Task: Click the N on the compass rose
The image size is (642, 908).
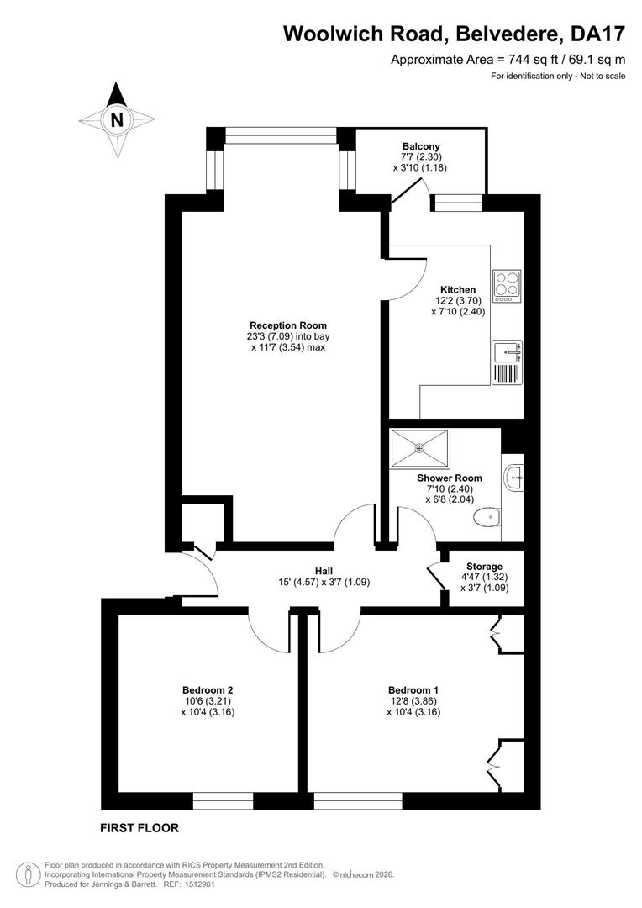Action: tap(118, 120)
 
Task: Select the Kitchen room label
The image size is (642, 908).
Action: tap(458, 289)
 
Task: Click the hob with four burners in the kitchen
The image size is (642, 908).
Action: tap(507, 286)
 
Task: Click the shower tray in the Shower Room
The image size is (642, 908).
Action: tap(419, 447)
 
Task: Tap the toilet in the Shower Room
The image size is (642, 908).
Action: tap(487, 516)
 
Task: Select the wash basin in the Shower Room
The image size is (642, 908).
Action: tap(514, 478)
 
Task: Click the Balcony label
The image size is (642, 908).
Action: tap(422, 146)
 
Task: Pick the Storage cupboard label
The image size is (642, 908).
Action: tap(485, 567)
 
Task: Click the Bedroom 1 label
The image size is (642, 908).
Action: tap(413, 690)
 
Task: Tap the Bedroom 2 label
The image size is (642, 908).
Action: tap(208, 690)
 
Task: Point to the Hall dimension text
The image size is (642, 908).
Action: tap(324, 582)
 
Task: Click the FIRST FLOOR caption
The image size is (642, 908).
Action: tap(139, 828)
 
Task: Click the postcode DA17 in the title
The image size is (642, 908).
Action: tap(598, 34)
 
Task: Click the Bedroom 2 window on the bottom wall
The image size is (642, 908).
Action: tap(223, 801)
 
